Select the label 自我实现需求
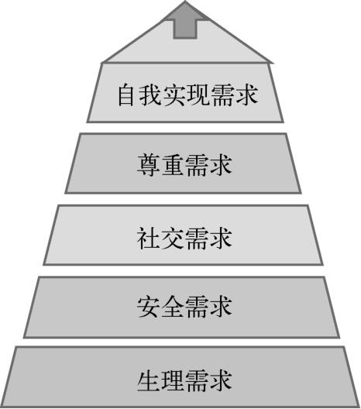pos(188,95)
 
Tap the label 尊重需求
pos(184,165)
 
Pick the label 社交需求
pos(184,238)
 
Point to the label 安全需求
pos(184,307)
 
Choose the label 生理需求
pos(184,380)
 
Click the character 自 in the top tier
pos(126,95)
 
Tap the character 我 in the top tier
pos(150,95)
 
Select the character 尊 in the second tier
pos(148,165)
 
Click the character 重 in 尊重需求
pos(172,165)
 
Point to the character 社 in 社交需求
pos(148,238)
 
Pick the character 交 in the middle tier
pos(172,238)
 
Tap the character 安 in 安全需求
pos(148,307)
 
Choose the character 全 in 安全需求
pos(172,307)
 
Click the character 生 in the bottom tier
pos(148,380)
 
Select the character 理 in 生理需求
pos(172,380)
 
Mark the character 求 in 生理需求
pos(222,380)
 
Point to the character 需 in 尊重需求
pos(197,165)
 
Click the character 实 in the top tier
pos(174,95)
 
